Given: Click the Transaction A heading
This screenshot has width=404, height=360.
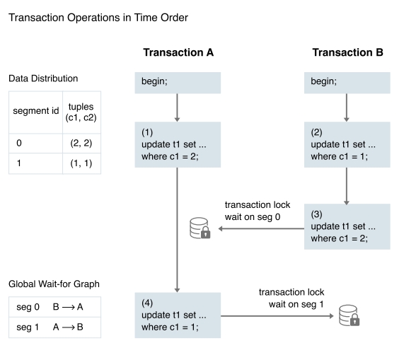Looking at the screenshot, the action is click(x=178, y=52).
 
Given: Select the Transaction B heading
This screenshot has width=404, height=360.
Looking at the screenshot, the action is click(x=347, y=52).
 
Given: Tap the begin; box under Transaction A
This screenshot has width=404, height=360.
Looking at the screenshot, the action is click(x=178, y=83).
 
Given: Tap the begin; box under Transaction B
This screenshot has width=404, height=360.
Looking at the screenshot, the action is click(x=347, y=83).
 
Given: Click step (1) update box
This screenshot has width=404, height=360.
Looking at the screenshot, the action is click(x=178, y=145).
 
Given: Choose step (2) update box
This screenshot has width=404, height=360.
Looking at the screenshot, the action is click(x=347, y=145).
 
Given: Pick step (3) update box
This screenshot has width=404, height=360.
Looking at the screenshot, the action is click(x=347, y=226).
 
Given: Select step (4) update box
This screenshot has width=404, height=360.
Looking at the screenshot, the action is click(x=178, y=315).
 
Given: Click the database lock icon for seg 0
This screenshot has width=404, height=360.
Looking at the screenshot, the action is click(x=200, y=228).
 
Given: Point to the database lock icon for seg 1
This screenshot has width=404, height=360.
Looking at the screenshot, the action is click(x=349, y=315).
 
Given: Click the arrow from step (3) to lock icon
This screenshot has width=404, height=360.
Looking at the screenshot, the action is click(x=261, y=228).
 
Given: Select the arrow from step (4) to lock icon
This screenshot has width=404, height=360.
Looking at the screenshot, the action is click(x=277, y=316).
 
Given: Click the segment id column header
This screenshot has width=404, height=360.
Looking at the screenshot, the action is click(x=36, y=111).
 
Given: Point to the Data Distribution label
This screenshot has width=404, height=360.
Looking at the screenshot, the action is click(x=43, y=79).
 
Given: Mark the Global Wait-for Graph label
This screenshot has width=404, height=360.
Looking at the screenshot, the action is click(x=54, y=284).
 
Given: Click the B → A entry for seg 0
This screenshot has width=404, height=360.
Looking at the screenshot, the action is click(x=68, y=307).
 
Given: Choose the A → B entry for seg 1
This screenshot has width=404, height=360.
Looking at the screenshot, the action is click(x=68, y=327).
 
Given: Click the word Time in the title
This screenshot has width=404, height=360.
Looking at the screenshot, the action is click(x=146, y=18).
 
